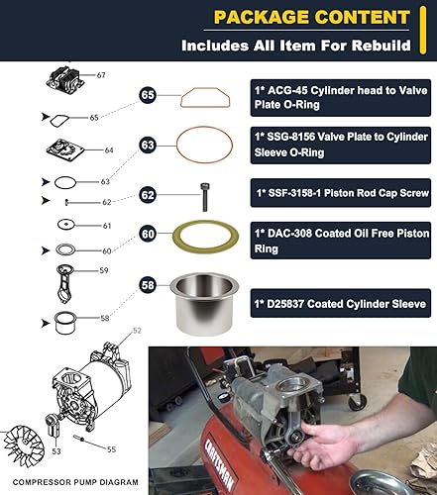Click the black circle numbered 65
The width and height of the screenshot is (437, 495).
(x=148, y=96)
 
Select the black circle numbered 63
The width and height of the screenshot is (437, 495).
(x=148, y=145)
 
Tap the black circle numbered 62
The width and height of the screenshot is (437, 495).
(x=148, y=194)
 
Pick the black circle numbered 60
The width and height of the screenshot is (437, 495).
(x=148, y=235)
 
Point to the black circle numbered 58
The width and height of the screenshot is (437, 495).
(x=148, y=285)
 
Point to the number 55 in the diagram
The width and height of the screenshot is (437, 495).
(x=110, y=449)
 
